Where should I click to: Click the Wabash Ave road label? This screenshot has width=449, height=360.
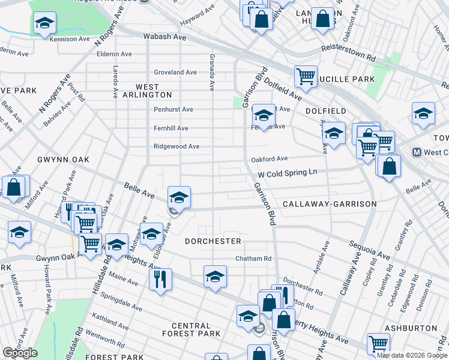[x=164, y=37]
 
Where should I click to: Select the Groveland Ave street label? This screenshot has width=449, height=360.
[x=175, y=73]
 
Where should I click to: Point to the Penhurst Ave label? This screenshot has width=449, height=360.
[x=173, y=110]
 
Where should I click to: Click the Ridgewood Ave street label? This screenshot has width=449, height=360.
[x=176, y=146]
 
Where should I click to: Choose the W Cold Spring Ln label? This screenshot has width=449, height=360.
[x=287, y=173]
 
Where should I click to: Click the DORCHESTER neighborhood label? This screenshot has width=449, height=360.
[x=212, y=241]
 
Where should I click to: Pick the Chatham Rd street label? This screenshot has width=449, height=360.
[x=253, y=259]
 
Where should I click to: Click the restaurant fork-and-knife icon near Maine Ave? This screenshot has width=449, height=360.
[x=160, y=278]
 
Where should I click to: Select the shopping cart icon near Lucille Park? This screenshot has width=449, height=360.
[x=306, y=76]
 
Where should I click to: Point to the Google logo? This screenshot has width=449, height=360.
[x=20, y=353]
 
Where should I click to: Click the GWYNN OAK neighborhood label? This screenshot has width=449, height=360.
[x=63, y=160]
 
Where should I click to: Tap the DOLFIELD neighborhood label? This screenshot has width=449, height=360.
[x=325, y=112]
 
